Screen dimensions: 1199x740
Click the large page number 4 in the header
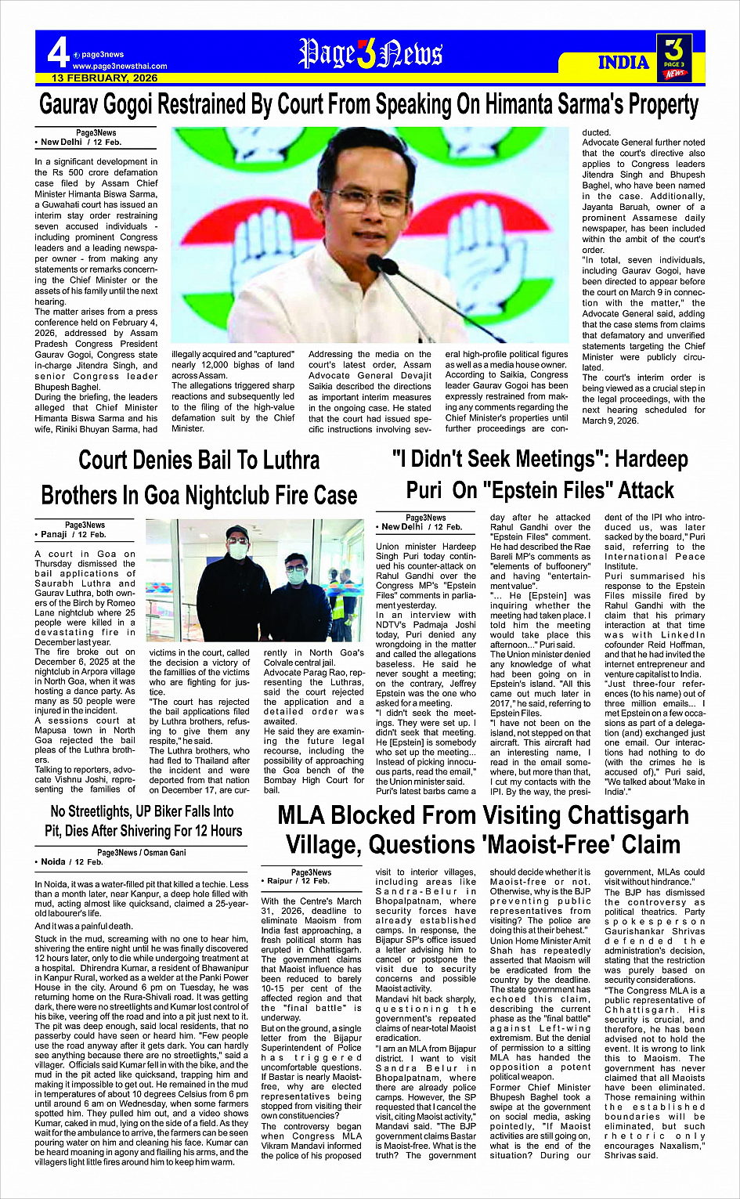(57, 54)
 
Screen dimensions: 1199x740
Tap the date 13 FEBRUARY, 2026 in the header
(104, 78)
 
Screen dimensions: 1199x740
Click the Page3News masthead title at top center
(370, 54)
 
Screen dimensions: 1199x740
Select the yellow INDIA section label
(623, 63)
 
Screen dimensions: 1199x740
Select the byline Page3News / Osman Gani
(142, 852)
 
